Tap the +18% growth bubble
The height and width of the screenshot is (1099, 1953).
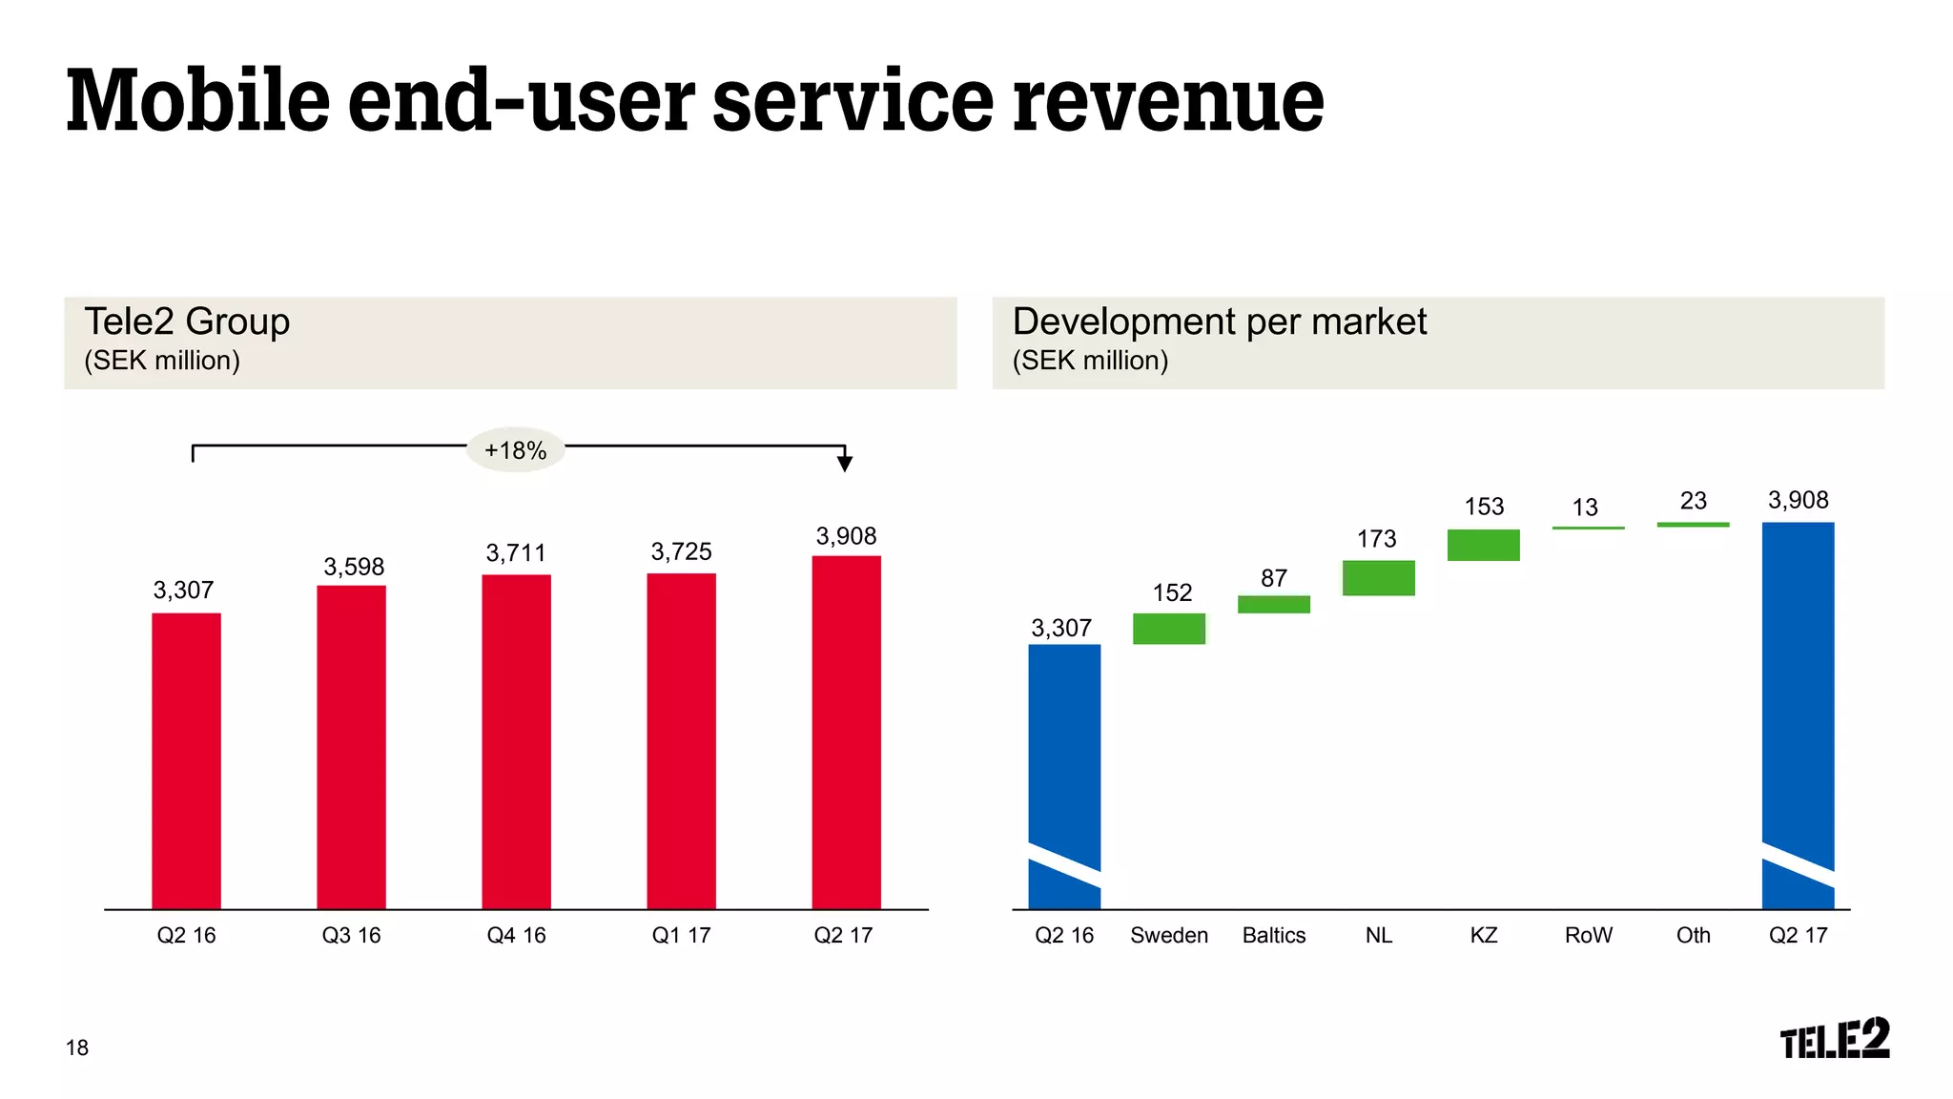click(x=515, y=450)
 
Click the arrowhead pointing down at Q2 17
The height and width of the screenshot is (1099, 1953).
click(x=845, y=464)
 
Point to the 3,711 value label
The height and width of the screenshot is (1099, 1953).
click(x=516, y=553)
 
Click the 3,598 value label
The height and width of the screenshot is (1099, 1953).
click(x=354, y=567)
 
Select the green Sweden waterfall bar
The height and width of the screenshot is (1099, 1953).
click(x=1169, y=629)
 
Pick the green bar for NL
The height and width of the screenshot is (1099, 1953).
click(x=1379, y=578)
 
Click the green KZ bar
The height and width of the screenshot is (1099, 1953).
click(x=1484, y=545)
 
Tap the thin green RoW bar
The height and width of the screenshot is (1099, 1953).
click(x=1589, y=528)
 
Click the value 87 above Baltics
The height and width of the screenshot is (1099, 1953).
click(x=1274, y=578)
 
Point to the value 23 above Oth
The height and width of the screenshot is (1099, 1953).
click(x=1694, y=501)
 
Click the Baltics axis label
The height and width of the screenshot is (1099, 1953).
click(x=1274, y=935)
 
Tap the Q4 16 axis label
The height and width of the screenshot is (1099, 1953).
click(x=516, y=935)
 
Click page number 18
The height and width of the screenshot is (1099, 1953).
click(x=77, y=1047)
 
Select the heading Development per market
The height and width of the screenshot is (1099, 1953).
click(x=1220, y=322)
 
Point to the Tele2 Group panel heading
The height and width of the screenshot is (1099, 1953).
click(x=187, y=322)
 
